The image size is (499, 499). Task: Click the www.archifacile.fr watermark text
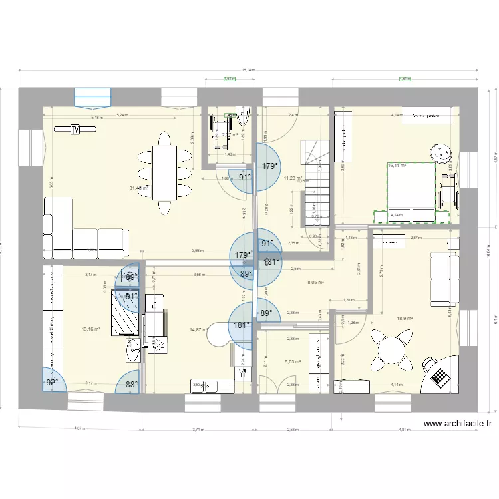[x=458, y=423]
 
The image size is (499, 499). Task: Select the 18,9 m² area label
[x=404, y=319]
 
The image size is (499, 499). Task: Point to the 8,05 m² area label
[x=315, y=282]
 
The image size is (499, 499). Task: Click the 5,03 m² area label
[x=293, y=362]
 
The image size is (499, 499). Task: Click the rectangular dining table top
[x=164, y=171]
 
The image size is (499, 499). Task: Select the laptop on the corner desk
[x=440, y=377]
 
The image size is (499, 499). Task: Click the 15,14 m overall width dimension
[x=248, y=69]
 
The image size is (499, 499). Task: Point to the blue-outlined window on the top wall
[x=92, y=97]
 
